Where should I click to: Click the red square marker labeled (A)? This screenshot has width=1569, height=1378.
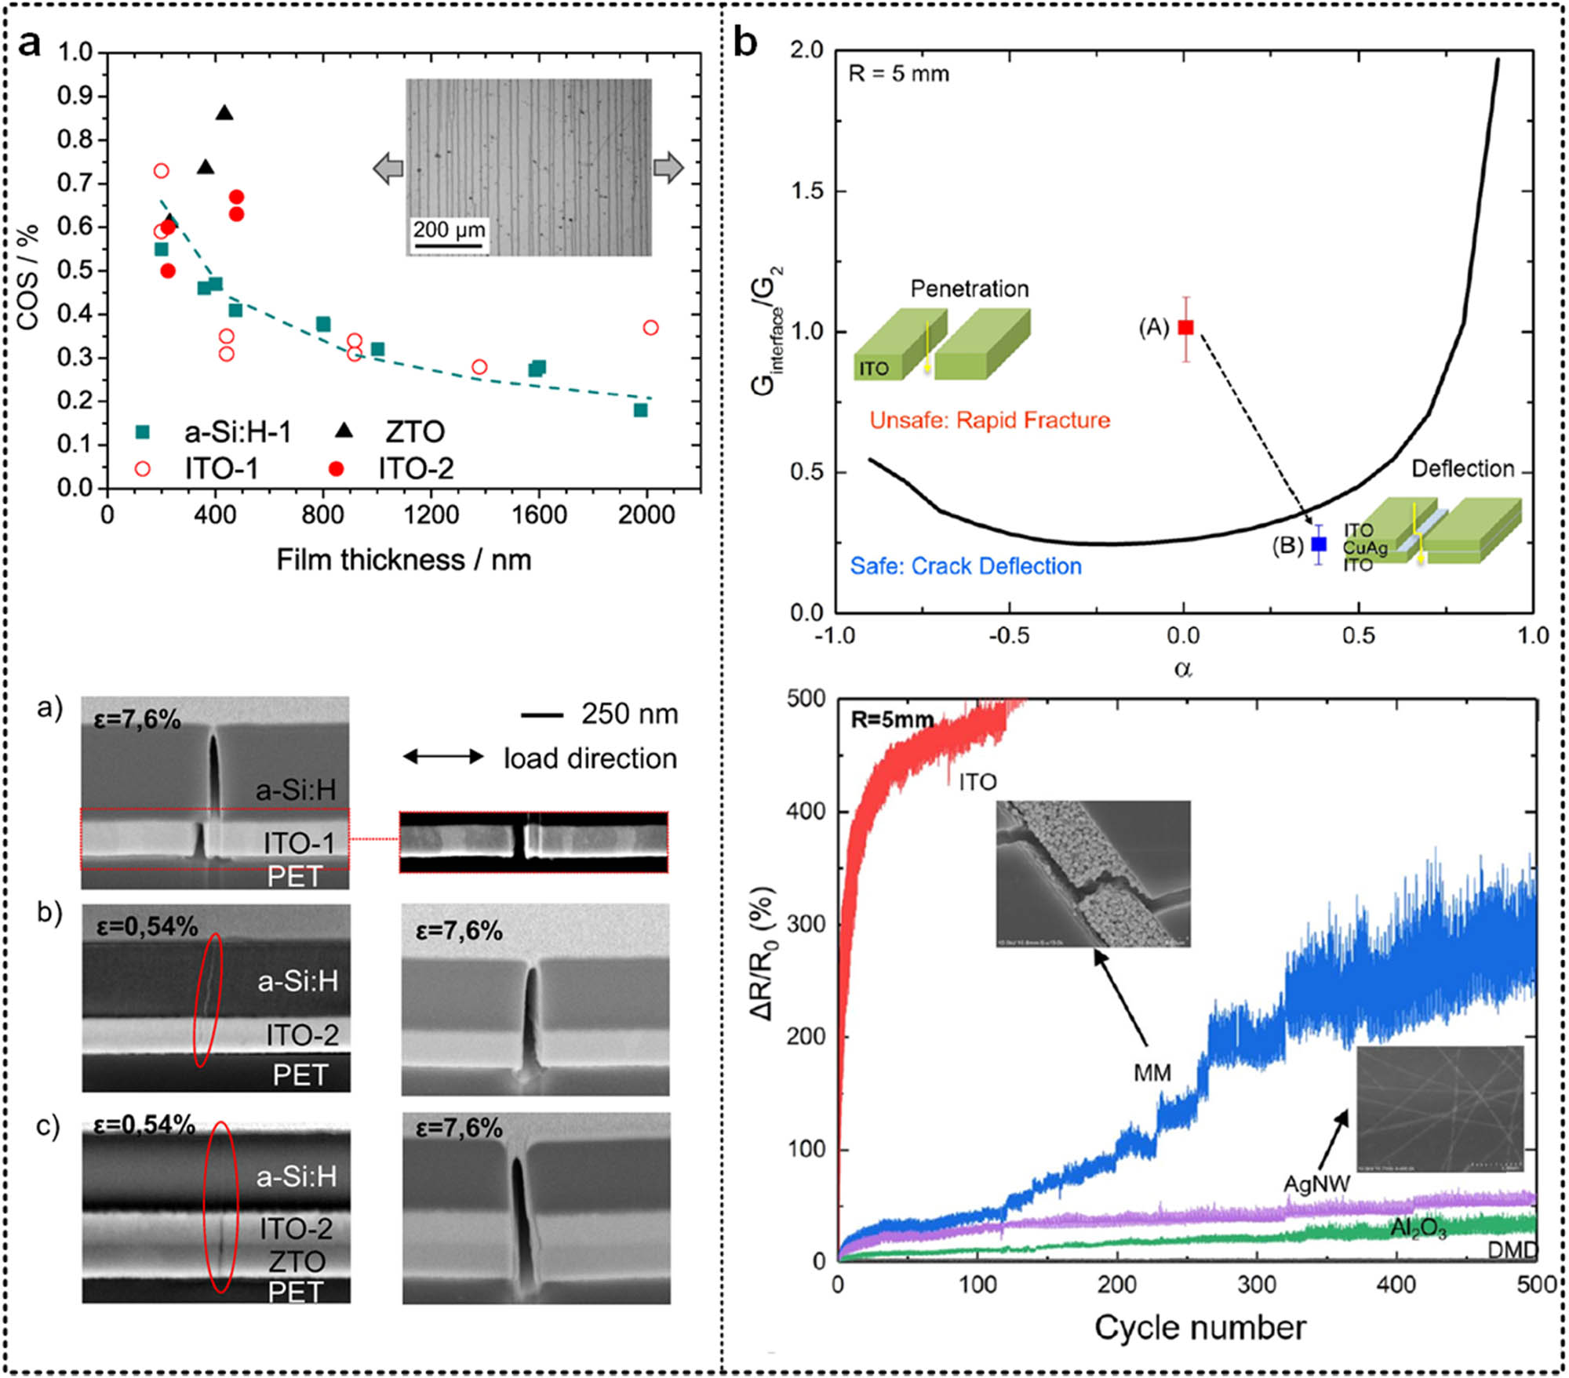1185,327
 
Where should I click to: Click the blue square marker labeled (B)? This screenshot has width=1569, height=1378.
1319,544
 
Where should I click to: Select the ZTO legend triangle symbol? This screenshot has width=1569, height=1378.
343,431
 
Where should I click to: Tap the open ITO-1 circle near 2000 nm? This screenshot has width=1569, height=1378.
650,328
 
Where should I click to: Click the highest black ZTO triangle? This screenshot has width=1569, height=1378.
224,113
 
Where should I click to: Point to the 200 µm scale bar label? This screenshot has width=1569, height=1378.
449,230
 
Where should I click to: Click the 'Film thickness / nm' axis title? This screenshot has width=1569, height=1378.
404,560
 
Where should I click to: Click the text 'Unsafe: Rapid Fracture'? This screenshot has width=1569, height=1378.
989,420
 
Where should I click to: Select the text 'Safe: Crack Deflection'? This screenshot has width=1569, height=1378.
966,566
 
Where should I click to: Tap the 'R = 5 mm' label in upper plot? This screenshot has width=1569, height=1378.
898,75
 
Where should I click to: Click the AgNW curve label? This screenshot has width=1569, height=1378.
1316,1183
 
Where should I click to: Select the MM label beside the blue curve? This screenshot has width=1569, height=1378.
1152,1072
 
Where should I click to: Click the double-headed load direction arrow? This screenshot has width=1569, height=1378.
443,757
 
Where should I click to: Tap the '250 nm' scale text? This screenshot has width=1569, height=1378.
629,714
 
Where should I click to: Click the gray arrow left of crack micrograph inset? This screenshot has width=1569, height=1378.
388,168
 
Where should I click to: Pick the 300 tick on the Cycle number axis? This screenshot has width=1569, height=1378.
1257,1284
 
